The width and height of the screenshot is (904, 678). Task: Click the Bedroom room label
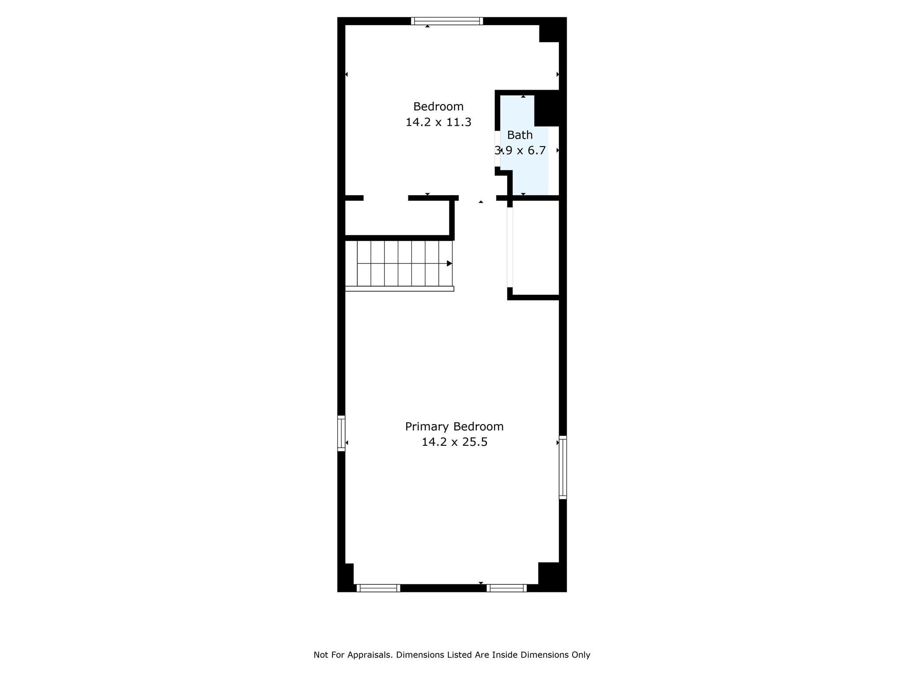[438, 106]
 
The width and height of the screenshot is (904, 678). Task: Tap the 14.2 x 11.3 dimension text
[438, 122]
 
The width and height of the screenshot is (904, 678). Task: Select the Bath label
[520, 135]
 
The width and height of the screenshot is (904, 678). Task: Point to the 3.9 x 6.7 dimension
[520, 151]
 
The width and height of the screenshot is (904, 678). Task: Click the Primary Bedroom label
[454, 427]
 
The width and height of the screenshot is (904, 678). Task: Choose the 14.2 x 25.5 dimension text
[454, 442]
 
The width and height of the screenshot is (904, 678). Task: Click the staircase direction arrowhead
[449, 264]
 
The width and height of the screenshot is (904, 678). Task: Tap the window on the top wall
[447, 21]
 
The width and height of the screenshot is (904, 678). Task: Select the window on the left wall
[341, 433]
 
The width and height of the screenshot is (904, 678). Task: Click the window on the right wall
[563, 467]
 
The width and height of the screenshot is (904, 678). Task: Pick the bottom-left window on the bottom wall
[378, 588]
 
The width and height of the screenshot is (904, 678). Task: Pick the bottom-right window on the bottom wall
[507, 588]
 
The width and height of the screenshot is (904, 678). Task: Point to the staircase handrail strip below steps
[399, 289]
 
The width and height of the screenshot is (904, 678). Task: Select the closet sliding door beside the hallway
[510, 247]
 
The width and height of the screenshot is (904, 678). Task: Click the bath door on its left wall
[497, 149]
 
